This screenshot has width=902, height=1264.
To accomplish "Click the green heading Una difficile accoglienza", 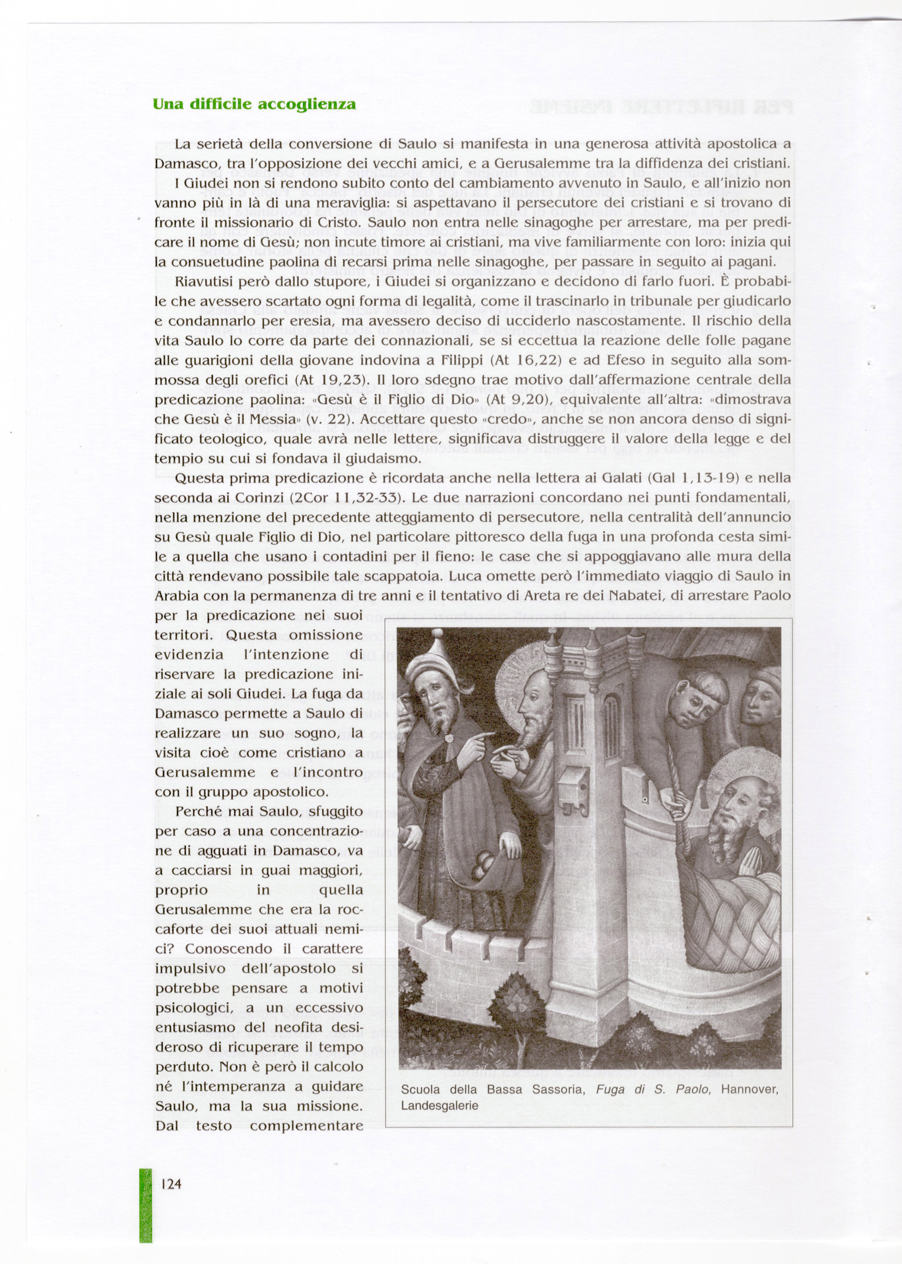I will click(x=254, y=104).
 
